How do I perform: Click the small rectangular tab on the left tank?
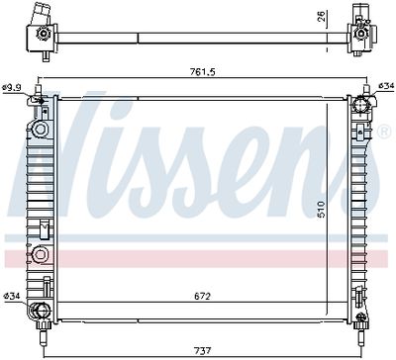pyautogui.click(x=43, y=228)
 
